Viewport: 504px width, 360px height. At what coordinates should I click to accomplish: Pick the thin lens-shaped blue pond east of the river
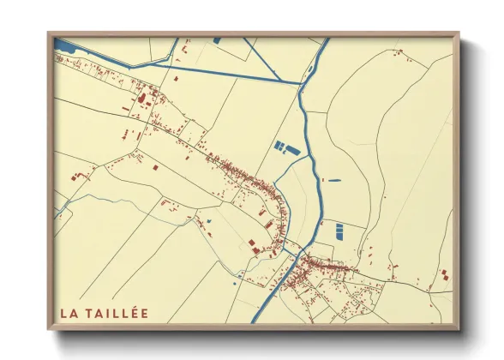332,180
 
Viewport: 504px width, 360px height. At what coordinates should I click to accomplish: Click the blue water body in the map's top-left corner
65,43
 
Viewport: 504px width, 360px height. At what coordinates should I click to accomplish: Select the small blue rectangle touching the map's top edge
216,40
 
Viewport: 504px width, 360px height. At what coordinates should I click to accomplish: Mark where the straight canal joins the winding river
301,83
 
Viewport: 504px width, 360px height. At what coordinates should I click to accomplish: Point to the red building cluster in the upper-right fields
397,53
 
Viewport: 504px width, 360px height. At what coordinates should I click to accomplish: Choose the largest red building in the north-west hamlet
139,99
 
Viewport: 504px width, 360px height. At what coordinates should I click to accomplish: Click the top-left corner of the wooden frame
48,33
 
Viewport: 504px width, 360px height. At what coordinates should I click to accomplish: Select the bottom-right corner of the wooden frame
459,329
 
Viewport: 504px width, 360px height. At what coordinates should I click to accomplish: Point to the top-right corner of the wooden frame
459,33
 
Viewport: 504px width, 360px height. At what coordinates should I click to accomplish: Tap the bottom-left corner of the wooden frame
48,329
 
